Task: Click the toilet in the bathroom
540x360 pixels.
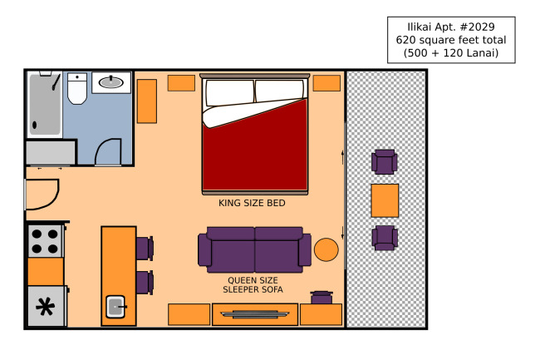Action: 76,88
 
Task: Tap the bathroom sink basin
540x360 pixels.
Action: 110,82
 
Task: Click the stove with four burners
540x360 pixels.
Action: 45,241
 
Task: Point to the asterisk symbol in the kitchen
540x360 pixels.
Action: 46,307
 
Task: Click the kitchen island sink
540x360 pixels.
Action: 115,306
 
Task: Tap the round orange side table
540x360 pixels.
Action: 326,249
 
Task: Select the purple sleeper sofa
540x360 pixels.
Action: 254,249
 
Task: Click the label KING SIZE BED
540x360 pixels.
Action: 252,203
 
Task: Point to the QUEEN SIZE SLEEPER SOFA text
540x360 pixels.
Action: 253,285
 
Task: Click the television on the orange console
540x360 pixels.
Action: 255,314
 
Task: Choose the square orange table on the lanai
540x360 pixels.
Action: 385,200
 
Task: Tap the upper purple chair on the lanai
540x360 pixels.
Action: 385,161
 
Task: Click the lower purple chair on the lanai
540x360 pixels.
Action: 385,238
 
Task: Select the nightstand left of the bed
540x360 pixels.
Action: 181,83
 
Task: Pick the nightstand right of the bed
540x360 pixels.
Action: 326,83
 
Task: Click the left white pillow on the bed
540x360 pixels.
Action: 229,92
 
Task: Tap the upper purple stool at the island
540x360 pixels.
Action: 145,248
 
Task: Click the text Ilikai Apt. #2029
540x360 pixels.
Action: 451,27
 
